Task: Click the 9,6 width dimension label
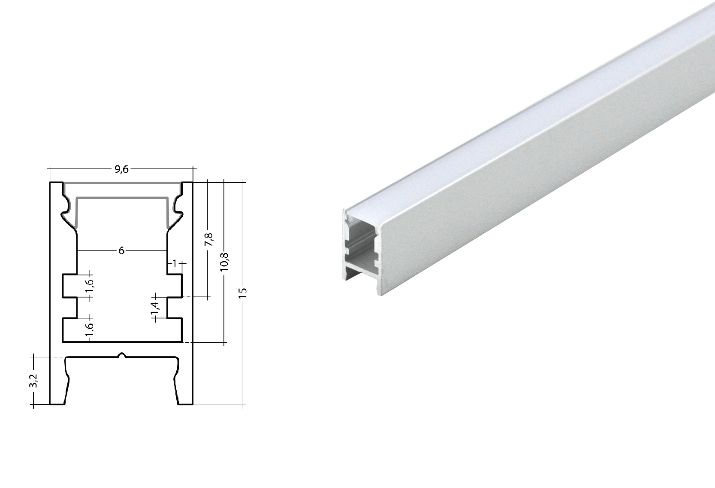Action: pyautogui.click(x=121, y=169)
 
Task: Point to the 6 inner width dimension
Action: pyautogui.click(x=121, y=250)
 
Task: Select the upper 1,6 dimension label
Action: pyautogui.click(x=89, y=285)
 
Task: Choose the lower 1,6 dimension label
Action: pyautogui.click(x=89, y=329)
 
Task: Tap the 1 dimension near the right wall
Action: pyautogui.click(x=175, y=262)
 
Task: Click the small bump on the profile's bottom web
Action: pyautogui.click(x=122, y=356)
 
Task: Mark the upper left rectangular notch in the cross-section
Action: pyautogui.click(x=70, y=285)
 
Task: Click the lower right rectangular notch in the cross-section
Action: pyautogui.click(x=175, y=330)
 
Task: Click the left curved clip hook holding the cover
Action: pyautogui.click(x=66, y=210)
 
